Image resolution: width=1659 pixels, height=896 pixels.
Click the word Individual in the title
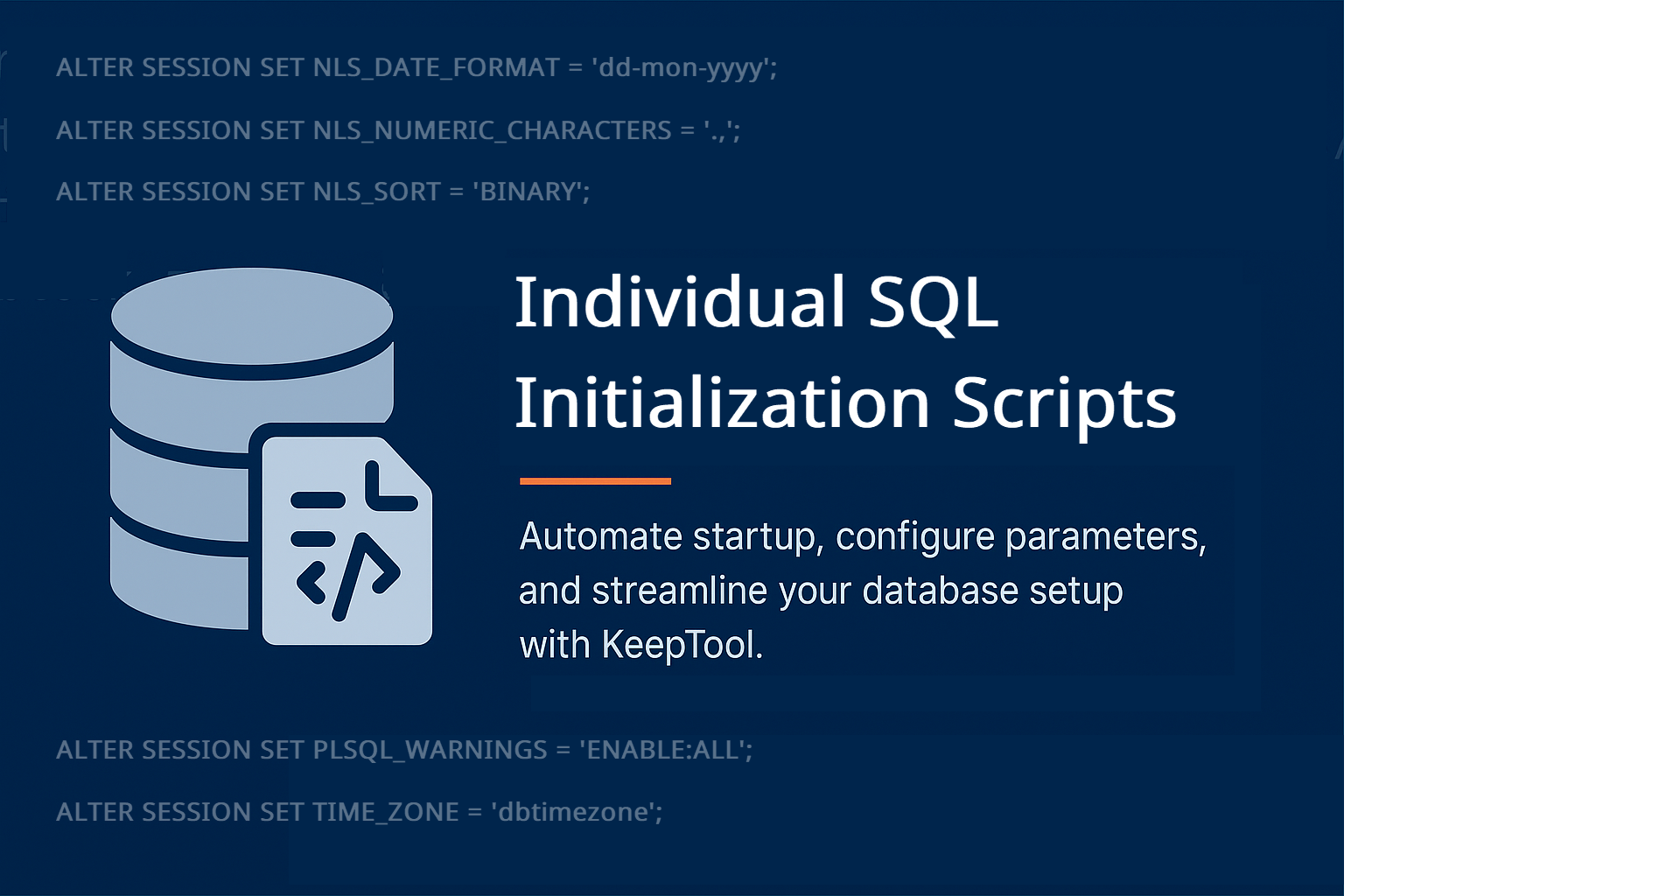pyautogui.click(x=680, y=302)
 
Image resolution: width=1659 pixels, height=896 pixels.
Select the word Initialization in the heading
pyautogui.click(x=722, y=402)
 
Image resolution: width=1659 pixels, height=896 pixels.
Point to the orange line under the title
pyautogui.click(x=595, y=481)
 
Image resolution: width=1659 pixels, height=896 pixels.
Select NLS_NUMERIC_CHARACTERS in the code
pyautogui.click(x=492, y=131)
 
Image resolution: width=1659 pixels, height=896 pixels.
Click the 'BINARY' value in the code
pyautogui.click(x=531, y=192)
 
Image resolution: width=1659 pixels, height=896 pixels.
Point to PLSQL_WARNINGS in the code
pyautogui.click(x=430, y=751)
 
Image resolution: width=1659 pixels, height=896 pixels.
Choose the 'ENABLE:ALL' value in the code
pyautogui.click(x=666, y=750)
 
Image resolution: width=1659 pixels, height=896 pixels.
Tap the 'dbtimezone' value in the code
pyautogui.click(x=577, y=812)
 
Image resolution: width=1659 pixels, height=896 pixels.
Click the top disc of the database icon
pyautogui.click(x=252, y=316)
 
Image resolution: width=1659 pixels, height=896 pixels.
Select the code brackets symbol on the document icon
pyautogui.click(x=348, y=577)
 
